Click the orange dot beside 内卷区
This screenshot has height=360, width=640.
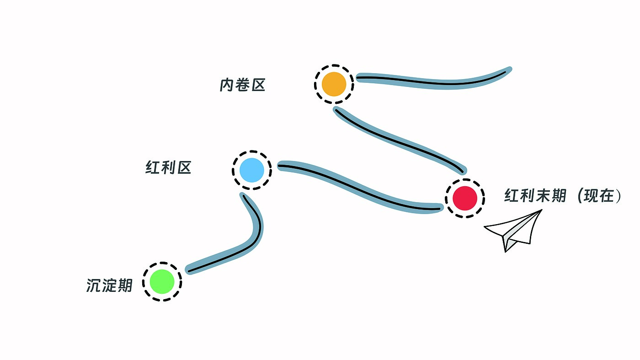point(334,84)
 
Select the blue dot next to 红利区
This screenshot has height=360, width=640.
point(252,170)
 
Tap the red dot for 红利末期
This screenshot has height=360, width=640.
point(465,198)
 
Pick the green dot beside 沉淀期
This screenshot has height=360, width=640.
point(162,281)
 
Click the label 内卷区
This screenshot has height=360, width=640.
point(242,85)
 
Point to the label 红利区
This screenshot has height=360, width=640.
point(168,168)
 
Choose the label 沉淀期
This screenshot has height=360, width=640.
point(109,285)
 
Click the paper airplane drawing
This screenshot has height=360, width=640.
point(515,231)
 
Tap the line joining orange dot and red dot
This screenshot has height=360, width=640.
point(398,140)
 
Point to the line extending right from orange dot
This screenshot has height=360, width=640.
point(434,81)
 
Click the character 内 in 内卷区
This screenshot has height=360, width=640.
point(227,85)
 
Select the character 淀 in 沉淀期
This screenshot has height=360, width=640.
point(110,285)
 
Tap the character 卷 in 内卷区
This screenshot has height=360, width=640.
point(242,85)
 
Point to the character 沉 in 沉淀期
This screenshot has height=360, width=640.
point(94,285)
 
